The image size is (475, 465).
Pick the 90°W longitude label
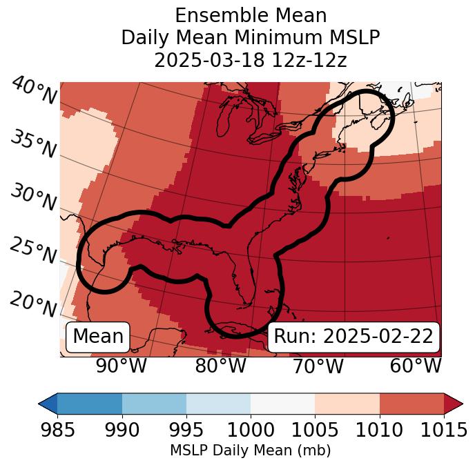tap(122, 366)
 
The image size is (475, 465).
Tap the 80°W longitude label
tap(220, 366)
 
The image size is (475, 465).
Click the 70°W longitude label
tap(318, 366)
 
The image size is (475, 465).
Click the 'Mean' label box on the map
tap(98, 337)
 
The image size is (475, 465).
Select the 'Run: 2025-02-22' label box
tap(353, 337)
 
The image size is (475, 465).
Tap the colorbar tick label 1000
tap(250, 431)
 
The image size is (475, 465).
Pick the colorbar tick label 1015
tap(444, 431)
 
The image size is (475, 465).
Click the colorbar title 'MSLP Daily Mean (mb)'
tap(250, 451)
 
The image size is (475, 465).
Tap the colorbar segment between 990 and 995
tap(154, 403)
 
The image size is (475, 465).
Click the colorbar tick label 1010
tap(379, 431)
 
